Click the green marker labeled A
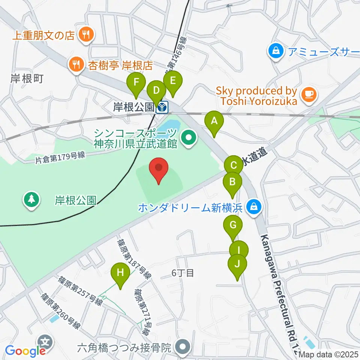(214, 121)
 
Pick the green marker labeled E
(173, 81)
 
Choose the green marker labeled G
(232, 226)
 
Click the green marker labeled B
(232, 183)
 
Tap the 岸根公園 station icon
(162, 108)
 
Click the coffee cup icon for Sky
(309, 94)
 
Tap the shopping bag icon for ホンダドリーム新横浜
(254, 206)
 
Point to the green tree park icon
(31, 199)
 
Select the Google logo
(25, 351)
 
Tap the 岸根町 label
(27, 78)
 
